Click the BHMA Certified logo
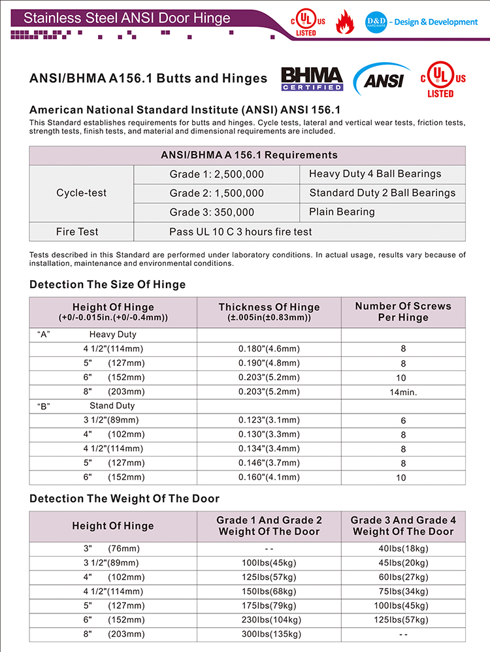click(x=312, y=78)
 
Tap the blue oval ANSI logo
click(x=381, y=80)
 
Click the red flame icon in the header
click(x=344, y=22)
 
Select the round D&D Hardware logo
click(x=376, y=22)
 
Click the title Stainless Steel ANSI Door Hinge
click(x=127, y=18)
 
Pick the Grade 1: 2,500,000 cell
click(x=217, y=174)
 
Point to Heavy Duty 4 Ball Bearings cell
click(x=375, y=174)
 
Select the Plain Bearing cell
click(x=342, y=212)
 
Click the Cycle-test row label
click(x=81, y=193)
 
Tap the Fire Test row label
click(x=81, y=231)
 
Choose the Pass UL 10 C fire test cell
click(x=240, y=231)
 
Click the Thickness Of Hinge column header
click(x=269, y=312)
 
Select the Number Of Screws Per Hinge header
click(x=403, y=312)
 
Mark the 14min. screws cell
click(x=403, y=392)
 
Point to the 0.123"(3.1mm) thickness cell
click(x=269, y=421)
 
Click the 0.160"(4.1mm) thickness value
click(x=269, y=478)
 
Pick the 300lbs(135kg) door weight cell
click(x=269, y=634)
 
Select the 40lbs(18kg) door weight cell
click(x=403, y=548)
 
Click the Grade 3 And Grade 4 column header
click(x=403, y=526)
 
